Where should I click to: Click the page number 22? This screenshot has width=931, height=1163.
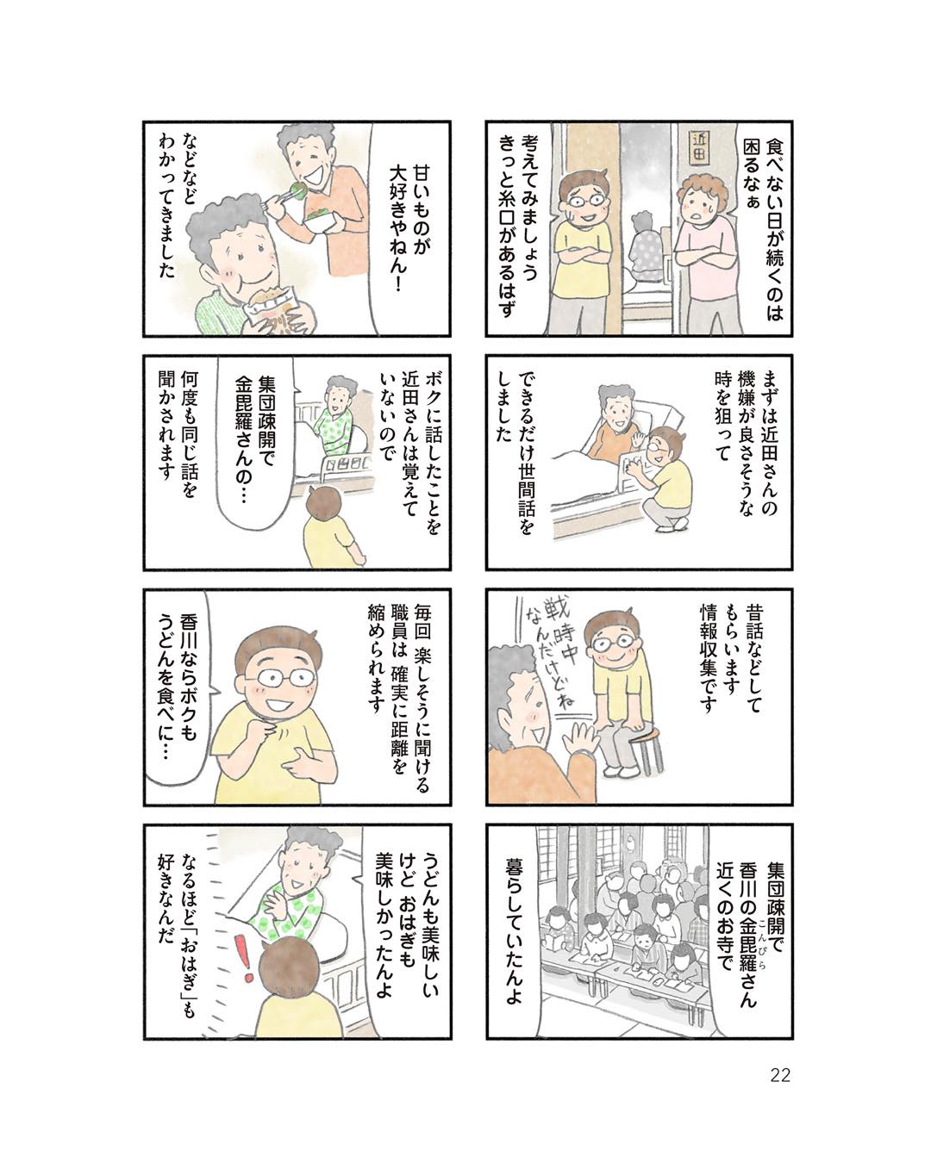[779, 1074]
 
